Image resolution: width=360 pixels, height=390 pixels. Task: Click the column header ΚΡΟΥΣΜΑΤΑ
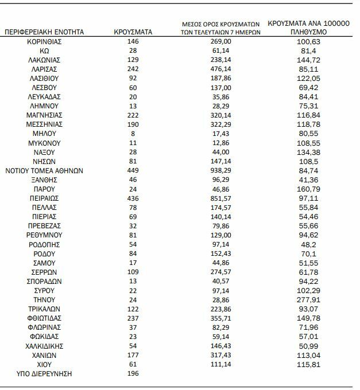point(133,32)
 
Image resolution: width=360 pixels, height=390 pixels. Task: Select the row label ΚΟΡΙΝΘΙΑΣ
point(44,42)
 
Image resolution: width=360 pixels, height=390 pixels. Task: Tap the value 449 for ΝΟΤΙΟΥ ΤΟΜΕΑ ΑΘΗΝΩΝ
point(133,170)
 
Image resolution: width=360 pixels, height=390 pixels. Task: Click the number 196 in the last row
point(133,374)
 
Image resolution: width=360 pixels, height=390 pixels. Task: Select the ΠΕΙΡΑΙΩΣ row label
point(44,198)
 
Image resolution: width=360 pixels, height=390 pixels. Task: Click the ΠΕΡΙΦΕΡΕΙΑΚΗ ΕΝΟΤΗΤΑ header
point(44,32)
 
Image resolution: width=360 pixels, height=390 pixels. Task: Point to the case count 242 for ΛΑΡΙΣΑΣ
point(133,69)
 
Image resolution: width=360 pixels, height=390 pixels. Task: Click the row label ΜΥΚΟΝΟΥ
point(44,143)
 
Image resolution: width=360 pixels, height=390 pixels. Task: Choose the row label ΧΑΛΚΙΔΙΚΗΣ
point(44,346)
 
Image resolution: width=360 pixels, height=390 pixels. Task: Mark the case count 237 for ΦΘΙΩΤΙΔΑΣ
point(133,318)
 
